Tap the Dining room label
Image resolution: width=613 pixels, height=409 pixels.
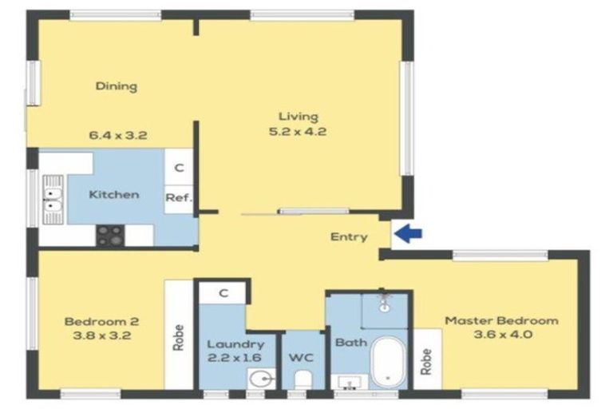116,86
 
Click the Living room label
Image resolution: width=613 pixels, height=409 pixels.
299,117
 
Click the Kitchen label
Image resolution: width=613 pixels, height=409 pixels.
114,194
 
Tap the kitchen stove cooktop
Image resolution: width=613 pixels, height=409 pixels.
110,235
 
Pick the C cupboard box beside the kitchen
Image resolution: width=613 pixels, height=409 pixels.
180,168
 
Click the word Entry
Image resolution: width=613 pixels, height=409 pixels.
349,236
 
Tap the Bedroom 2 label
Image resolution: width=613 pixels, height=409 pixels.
101,321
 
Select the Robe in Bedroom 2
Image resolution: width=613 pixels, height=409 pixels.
178,336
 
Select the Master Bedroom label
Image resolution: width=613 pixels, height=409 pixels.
501,320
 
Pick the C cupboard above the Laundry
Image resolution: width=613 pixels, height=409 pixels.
223,293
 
